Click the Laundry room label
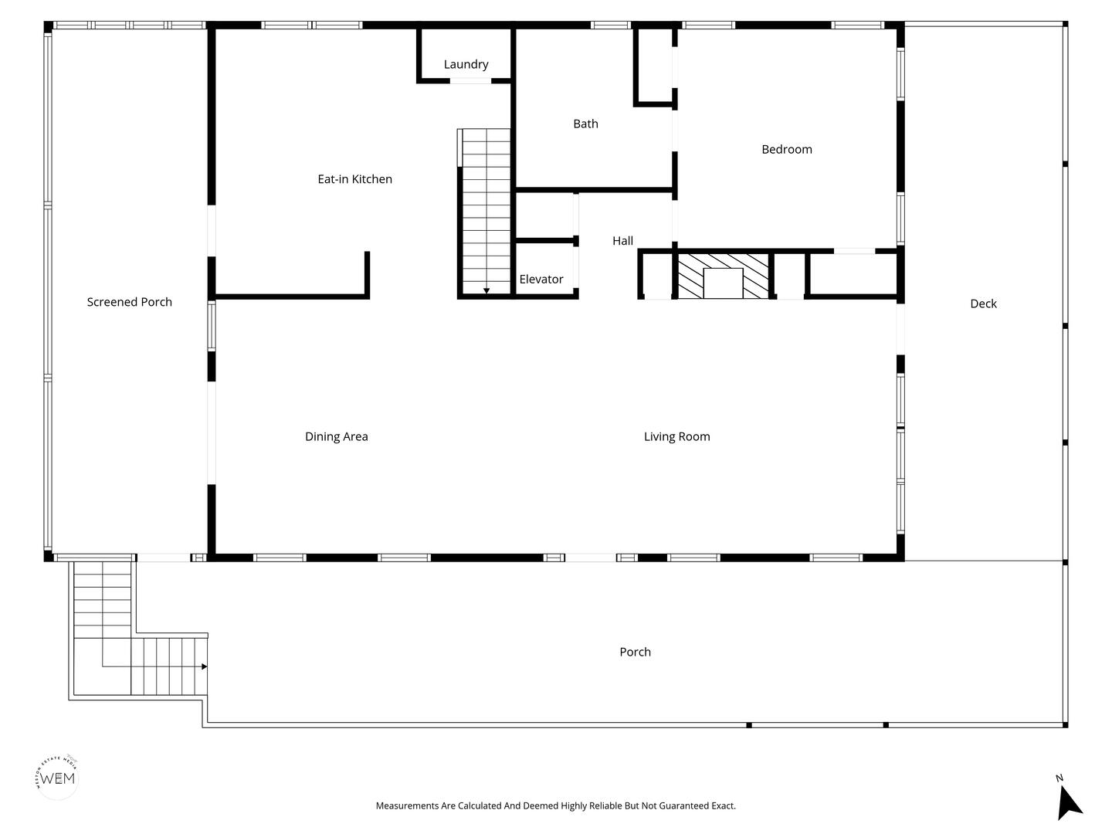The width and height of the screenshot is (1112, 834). point(466,64)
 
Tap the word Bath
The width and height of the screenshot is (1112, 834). point(585,124)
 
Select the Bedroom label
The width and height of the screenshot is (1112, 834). point(786,149)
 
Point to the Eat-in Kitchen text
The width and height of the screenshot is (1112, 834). point(354,178)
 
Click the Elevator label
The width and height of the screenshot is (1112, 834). point(541,279)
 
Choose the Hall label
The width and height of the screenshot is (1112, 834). point(622,240)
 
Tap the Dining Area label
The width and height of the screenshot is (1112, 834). point(337,436)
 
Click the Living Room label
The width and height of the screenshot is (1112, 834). point(676,436)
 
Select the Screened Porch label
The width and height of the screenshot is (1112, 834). point(129,302)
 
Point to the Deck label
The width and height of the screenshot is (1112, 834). point(983,303)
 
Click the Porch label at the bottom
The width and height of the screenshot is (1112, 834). point(635,652)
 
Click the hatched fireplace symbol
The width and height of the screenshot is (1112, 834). point(723,276)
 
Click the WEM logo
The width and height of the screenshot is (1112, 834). point(57,778)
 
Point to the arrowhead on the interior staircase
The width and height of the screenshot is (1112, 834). point(486,290)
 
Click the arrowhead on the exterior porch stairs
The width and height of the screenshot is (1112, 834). point(204,666)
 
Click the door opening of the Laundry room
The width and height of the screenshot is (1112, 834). point(470,81)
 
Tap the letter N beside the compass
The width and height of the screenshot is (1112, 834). point(1059,778)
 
